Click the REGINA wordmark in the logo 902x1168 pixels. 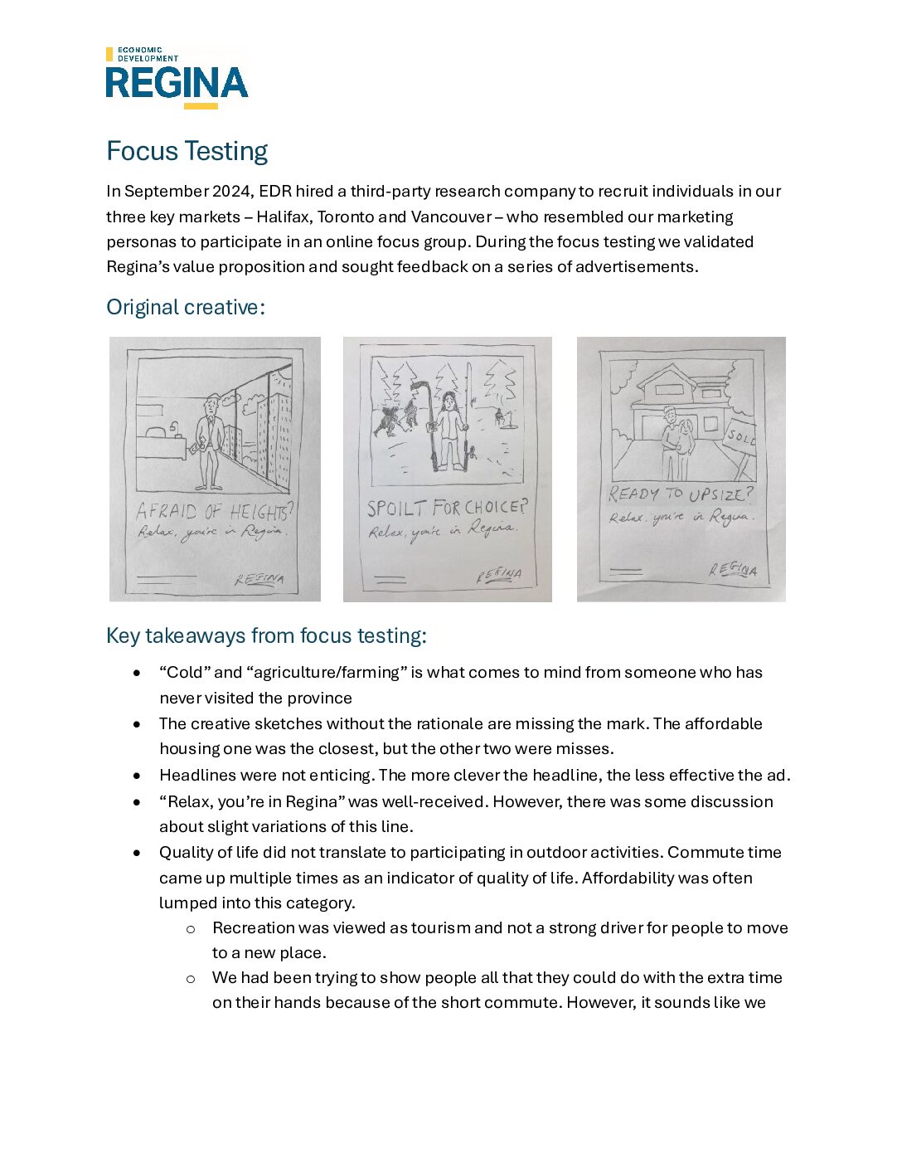[x=177, y=83]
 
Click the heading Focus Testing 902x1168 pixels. [x=187, y=151]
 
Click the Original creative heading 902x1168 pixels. [x=186, y=307]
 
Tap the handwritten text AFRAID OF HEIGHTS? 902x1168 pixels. [x=214, y=511]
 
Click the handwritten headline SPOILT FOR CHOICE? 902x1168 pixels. [x=447, y=508]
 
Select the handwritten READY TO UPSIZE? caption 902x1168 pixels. [x=681, y=494]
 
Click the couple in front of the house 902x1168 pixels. [x=676, y=448]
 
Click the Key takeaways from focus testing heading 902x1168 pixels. [x=266, y=635]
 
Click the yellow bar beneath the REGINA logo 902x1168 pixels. [x=201, y=106]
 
